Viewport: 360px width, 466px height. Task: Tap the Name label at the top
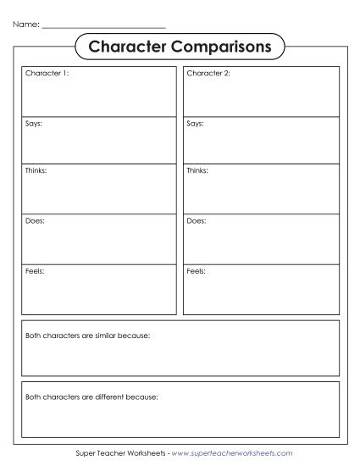click(x=25, y=25)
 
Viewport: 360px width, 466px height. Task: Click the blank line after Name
click(x=102, y=27)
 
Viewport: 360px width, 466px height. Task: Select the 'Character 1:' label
click(x=47, y=75)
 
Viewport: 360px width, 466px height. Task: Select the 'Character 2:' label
click(x=208, y=75)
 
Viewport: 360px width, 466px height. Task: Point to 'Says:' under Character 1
click(x=34, y=124)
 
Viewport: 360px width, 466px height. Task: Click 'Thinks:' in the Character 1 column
click(x=36, y=172)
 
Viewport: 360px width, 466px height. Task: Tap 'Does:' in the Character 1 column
click(x=35, y=221)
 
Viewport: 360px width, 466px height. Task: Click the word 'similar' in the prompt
click(x=108, y=336)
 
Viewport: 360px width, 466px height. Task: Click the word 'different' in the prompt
click(x=111, y=397)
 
